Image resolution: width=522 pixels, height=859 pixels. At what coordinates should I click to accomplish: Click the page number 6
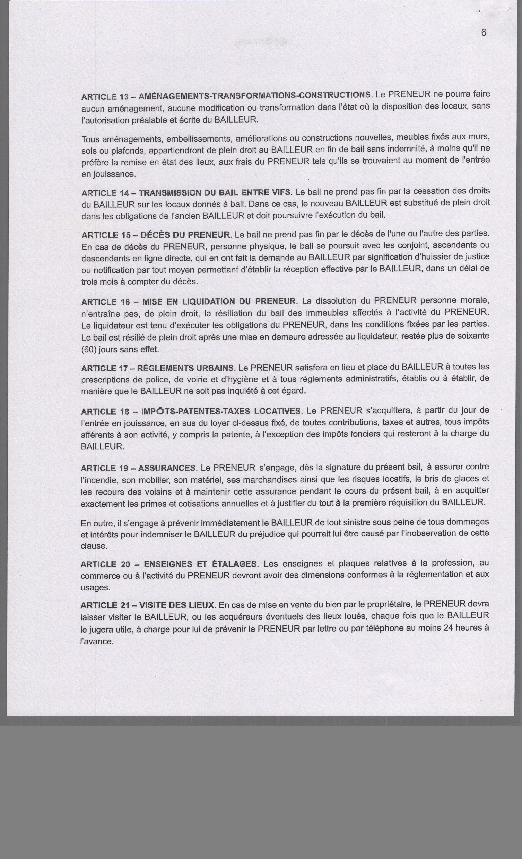484,33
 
